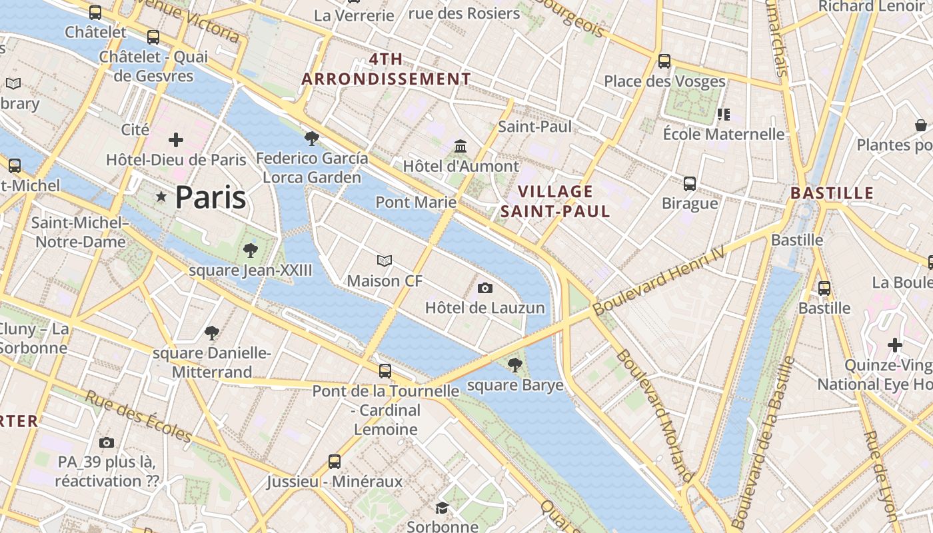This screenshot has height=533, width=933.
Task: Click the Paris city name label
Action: (x=210, y=198)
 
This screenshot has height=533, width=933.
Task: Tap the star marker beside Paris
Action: (x=161, y=197)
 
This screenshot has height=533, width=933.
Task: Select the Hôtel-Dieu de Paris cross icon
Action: (x=176, y=140)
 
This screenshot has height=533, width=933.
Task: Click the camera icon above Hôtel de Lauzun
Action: (x=485, y=288)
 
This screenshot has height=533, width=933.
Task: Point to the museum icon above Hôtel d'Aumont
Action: (x=461, y=146)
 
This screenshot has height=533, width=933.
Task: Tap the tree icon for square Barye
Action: (x=514, y=364)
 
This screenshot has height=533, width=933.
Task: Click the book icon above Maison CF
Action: (x=385, y=261)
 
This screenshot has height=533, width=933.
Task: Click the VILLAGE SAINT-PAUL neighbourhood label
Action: (x=555, y=201)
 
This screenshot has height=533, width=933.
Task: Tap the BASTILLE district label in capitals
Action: (x=831, y=193)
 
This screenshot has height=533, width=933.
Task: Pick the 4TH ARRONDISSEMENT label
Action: (x=386, y=69)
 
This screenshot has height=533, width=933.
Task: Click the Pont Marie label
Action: (x=416, y=202)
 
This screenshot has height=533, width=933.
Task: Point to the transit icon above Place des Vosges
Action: (x=664, y=61)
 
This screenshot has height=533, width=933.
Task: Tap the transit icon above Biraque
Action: (x=690, y=183)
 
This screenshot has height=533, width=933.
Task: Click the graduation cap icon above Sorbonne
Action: (x=442, y=508)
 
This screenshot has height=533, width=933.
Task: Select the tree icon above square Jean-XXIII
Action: (x=251, y=251)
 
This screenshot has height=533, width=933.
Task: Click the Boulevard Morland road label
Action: (x=654, y=414)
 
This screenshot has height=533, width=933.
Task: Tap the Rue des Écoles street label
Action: (x=139, y=417)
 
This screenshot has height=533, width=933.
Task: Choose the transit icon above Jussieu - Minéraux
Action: (x=335, y=461)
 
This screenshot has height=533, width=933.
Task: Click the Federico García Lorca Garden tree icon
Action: (x=311, y=139)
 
